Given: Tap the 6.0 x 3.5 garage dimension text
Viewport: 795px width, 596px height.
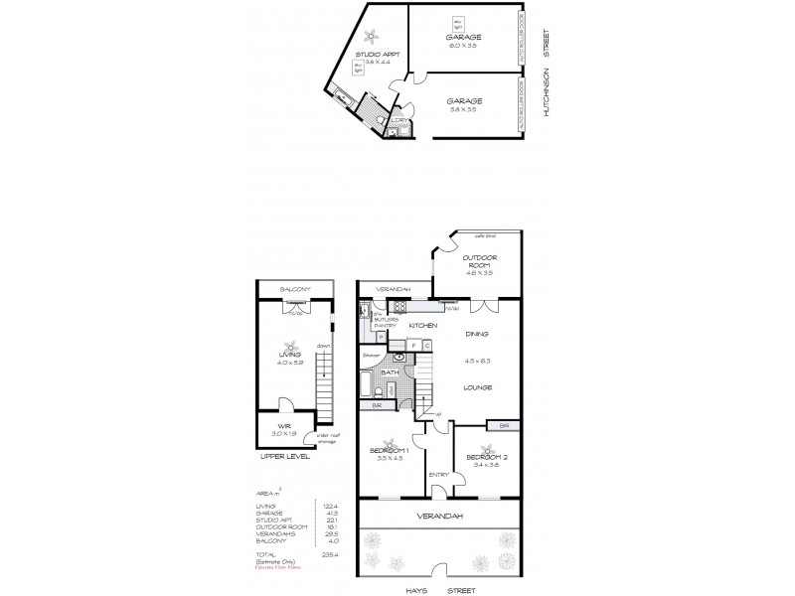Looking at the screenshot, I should point(462,44).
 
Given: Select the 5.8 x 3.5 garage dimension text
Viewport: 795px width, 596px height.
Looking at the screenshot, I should point(463,110).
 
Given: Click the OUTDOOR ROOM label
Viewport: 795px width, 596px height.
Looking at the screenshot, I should point(479,261).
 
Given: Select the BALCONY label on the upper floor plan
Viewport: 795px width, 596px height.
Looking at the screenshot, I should point(291,289).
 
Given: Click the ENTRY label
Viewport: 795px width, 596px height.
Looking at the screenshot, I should point(437,475).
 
